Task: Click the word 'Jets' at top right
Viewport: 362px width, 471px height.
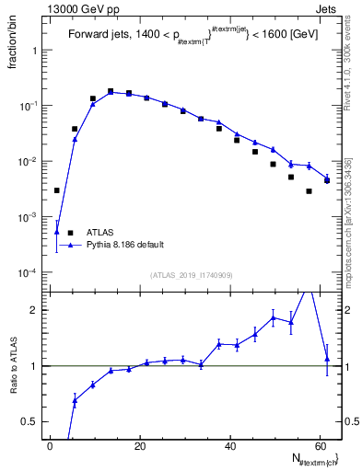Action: tap(328, 8)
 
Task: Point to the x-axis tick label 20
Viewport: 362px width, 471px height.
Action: tap(139, 446)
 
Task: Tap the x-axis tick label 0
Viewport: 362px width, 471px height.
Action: tap(50, 446)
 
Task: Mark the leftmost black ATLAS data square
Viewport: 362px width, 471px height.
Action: tap(56, 190)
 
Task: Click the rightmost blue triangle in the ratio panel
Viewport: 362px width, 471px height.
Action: tap(327, 358)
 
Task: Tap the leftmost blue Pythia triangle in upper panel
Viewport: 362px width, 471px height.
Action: tap(56, 232)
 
